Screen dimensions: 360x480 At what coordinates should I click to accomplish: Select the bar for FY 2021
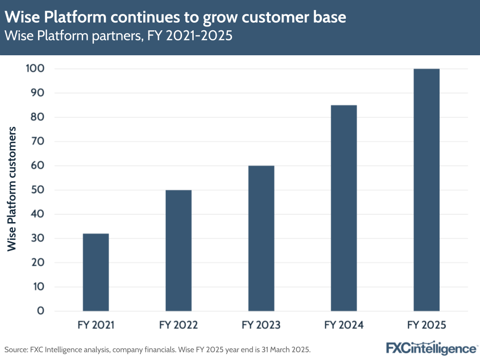(96, 272)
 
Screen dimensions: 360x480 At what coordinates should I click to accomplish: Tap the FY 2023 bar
(261, 238)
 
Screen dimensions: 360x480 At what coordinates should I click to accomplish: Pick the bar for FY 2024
(344, 208)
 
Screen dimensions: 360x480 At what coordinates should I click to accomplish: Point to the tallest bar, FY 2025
(426, 190)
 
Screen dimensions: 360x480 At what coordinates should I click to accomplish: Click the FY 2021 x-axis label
(96, 325)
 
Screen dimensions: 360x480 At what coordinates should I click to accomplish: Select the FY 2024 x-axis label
(344, 325)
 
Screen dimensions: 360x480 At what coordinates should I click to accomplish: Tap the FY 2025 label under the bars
(426, 325)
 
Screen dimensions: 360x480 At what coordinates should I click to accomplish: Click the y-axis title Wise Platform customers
(12, 188)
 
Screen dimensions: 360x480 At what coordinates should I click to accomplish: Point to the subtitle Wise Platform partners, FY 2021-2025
(119, 37)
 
